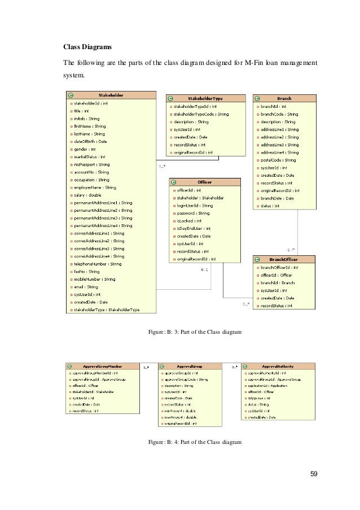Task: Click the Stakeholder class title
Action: [x=111, y=95]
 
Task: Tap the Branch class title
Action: [x=284, y=98]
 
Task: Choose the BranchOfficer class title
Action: [x=284, y=260]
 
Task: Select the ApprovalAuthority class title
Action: [x=278, y=366]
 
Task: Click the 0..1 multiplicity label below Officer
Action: [x=205, y=270]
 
